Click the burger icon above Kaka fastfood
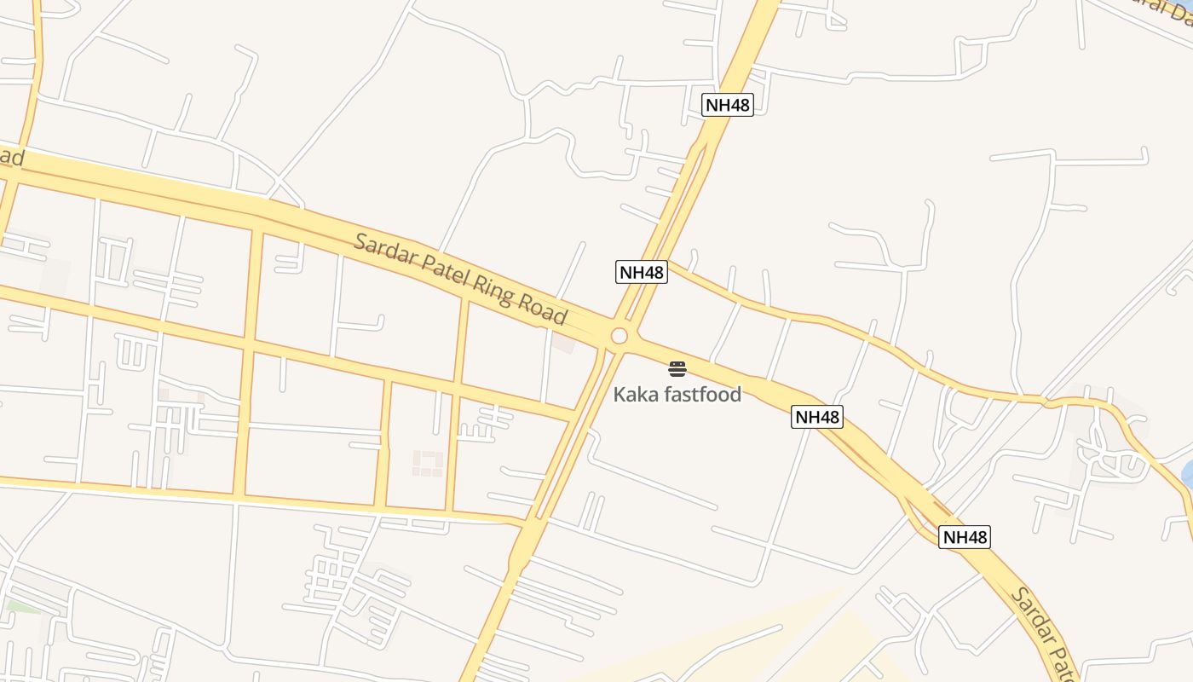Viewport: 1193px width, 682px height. point(677,369)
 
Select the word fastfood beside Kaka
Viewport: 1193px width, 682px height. point(701,395)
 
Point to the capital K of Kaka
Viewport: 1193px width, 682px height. point(620,395)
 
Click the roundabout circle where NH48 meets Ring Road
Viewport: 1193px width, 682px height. point(620,336)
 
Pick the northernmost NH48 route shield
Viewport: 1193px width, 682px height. point(728,105)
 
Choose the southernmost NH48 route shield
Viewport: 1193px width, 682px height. point(965,537)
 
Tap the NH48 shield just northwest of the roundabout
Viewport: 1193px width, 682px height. point(642,272)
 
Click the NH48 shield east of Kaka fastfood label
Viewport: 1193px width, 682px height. point(817,417)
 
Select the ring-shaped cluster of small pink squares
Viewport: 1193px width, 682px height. point(428,463)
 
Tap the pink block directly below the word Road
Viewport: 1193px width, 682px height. point(563,344)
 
